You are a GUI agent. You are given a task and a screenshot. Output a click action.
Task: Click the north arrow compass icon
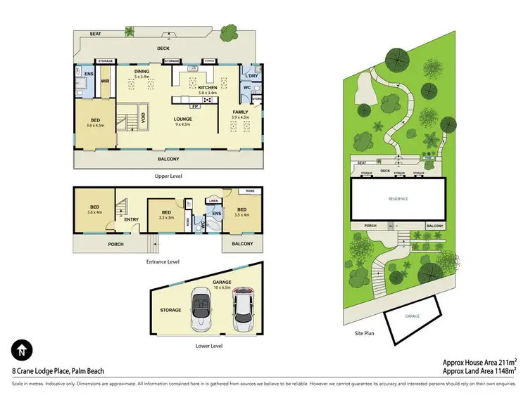[21, 350]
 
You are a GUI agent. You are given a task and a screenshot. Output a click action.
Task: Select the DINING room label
[141, 72]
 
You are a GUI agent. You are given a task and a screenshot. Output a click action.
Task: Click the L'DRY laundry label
[251, 75]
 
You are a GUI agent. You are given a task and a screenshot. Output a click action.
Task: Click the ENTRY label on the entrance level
[131, 219]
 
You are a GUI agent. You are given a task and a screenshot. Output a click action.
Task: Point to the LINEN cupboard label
[214, 201]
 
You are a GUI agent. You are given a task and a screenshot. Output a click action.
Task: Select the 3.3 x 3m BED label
[166, 214]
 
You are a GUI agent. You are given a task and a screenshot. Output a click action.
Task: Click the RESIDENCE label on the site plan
[398, 199]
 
